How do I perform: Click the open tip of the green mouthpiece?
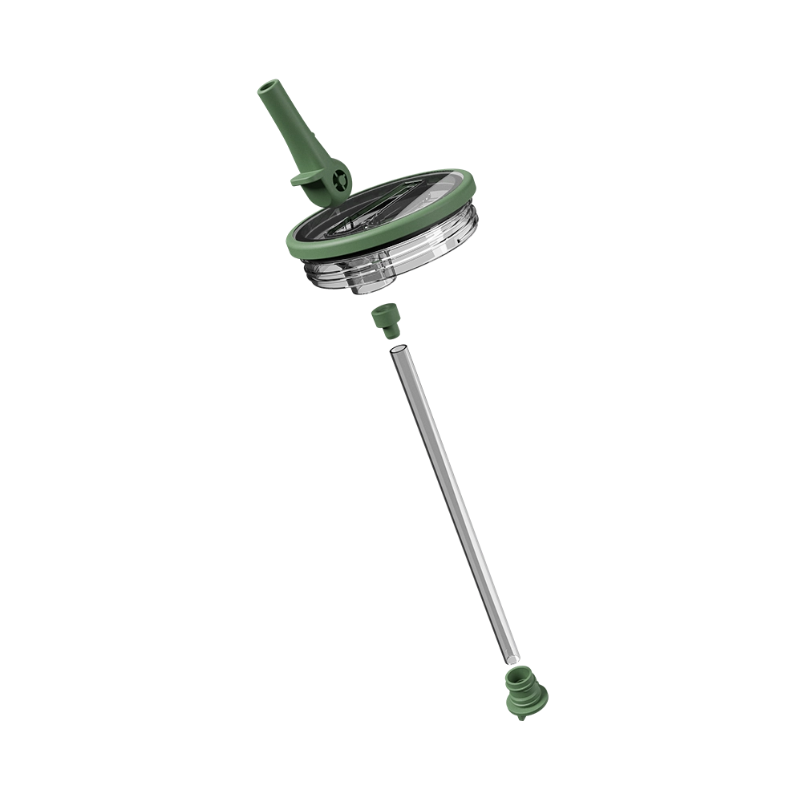coord(268,87)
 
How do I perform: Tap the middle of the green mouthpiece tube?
coord(289,128)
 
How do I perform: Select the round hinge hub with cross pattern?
coord(338,180)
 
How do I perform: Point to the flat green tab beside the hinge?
coord(305,179)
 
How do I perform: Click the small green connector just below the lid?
coord(383,322)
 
